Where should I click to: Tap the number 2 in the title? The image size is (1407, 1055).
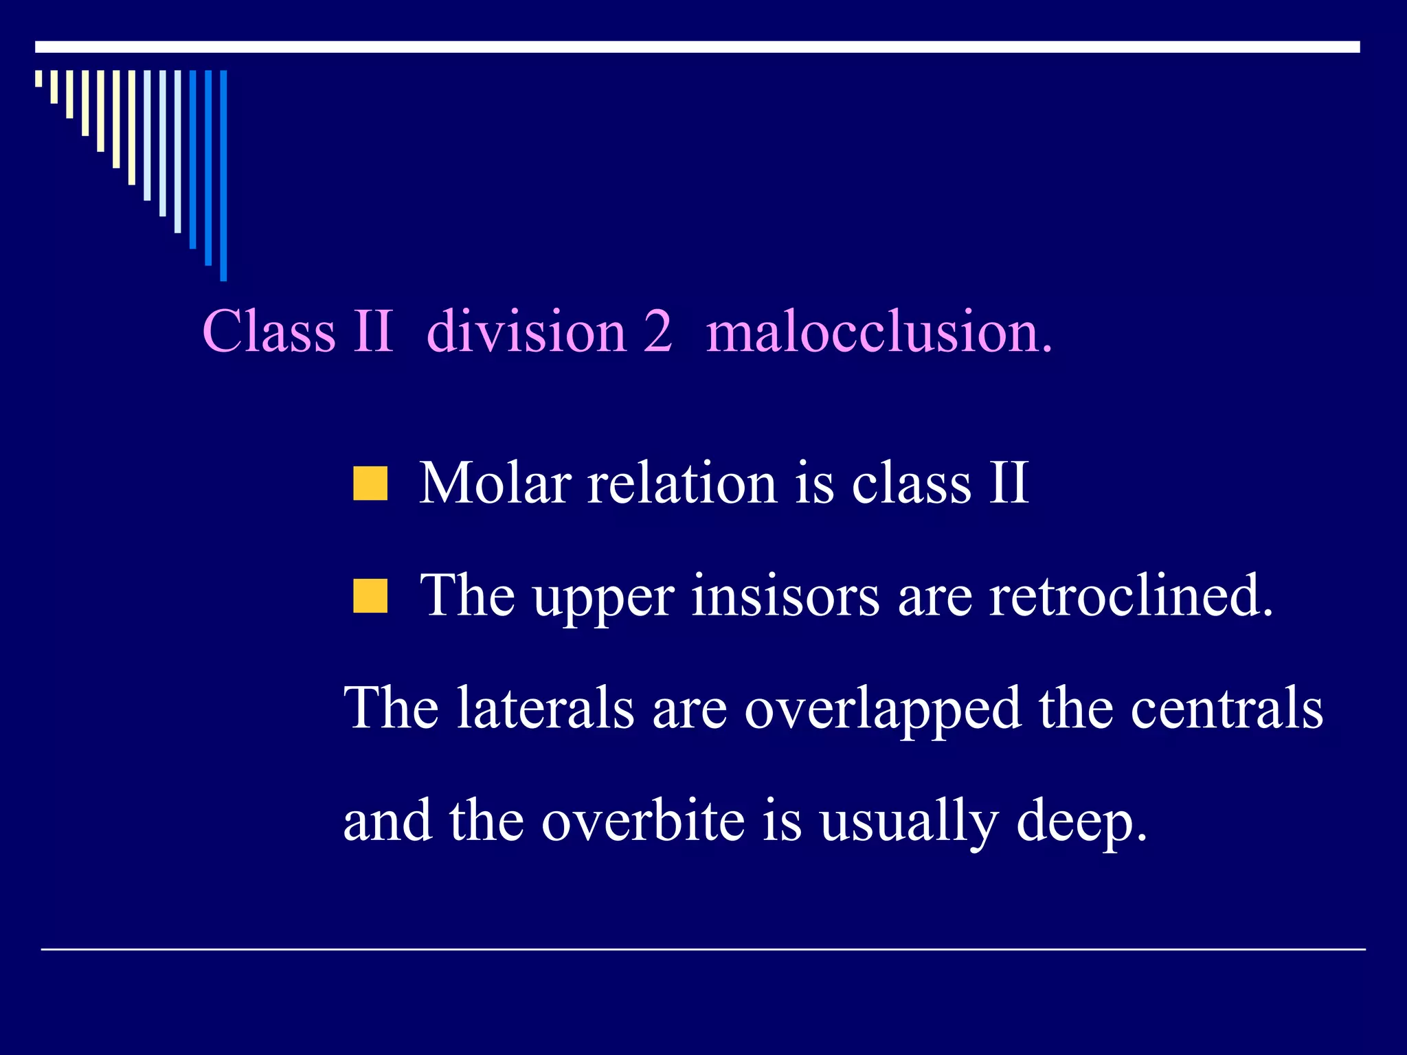(657, 332)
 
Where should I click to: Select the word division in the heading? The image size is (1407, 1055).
(526, 332)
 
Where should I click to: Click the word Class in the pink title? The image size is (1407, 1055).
(269, 332)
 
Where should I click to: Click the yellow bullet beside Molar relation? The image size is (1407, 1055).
(370, 484)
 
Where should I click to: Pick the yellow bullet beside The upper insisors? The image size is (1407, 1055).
(370, 595)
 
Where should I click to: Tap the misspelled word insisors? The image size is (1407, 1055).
(785, 595)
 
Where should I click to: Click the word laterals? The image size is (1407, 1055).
(545, 708)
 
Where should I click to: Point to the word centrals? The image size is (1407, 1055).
(1226, 708)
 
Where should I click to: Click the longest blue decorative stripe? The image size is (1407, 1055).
(223, 175)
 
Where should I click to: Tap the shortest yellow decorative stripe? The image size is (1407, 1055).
(39, 78)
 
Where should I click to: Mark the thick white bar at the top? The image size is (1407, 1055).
(697, 47)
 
